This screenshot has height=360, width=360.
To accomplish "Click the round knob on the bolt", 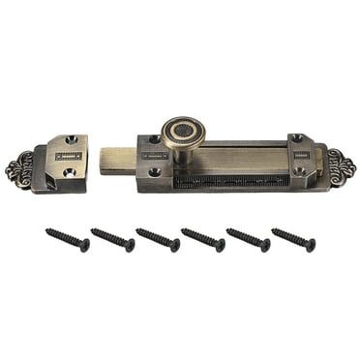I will click(x=180, y=132).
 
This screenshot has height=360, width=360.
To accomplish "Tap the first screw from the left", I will click(x=67, y=240).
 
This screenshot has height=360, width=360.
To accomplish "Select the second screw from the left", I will click(x=112, y=240).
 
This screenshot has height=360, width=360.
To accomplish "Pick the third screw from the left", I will click(x=158, y=240).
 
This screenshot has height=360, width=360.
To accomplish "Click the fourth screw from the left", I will click(x=202, y=240).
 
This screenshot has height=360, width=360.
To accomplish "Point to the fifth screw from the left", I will click(x=248, y=240).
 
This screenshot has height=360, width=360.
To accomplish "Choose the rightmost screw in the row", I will click(x=293, y=240).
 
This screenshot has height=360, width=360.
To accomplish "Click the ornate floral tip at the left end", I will click(x=19, y=170).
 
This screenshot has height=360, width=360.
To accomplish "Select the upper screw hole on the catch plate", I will click(x=70, y=141).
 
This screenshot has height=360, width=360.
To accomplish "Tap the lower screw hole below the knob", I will click(x=155, y=172).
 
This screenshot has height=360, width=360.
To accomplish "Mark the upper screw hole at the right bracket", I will click(x=298, y=138).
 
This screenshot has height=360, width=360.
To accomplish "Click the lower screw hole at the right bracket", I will click(x=300, y=170).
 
